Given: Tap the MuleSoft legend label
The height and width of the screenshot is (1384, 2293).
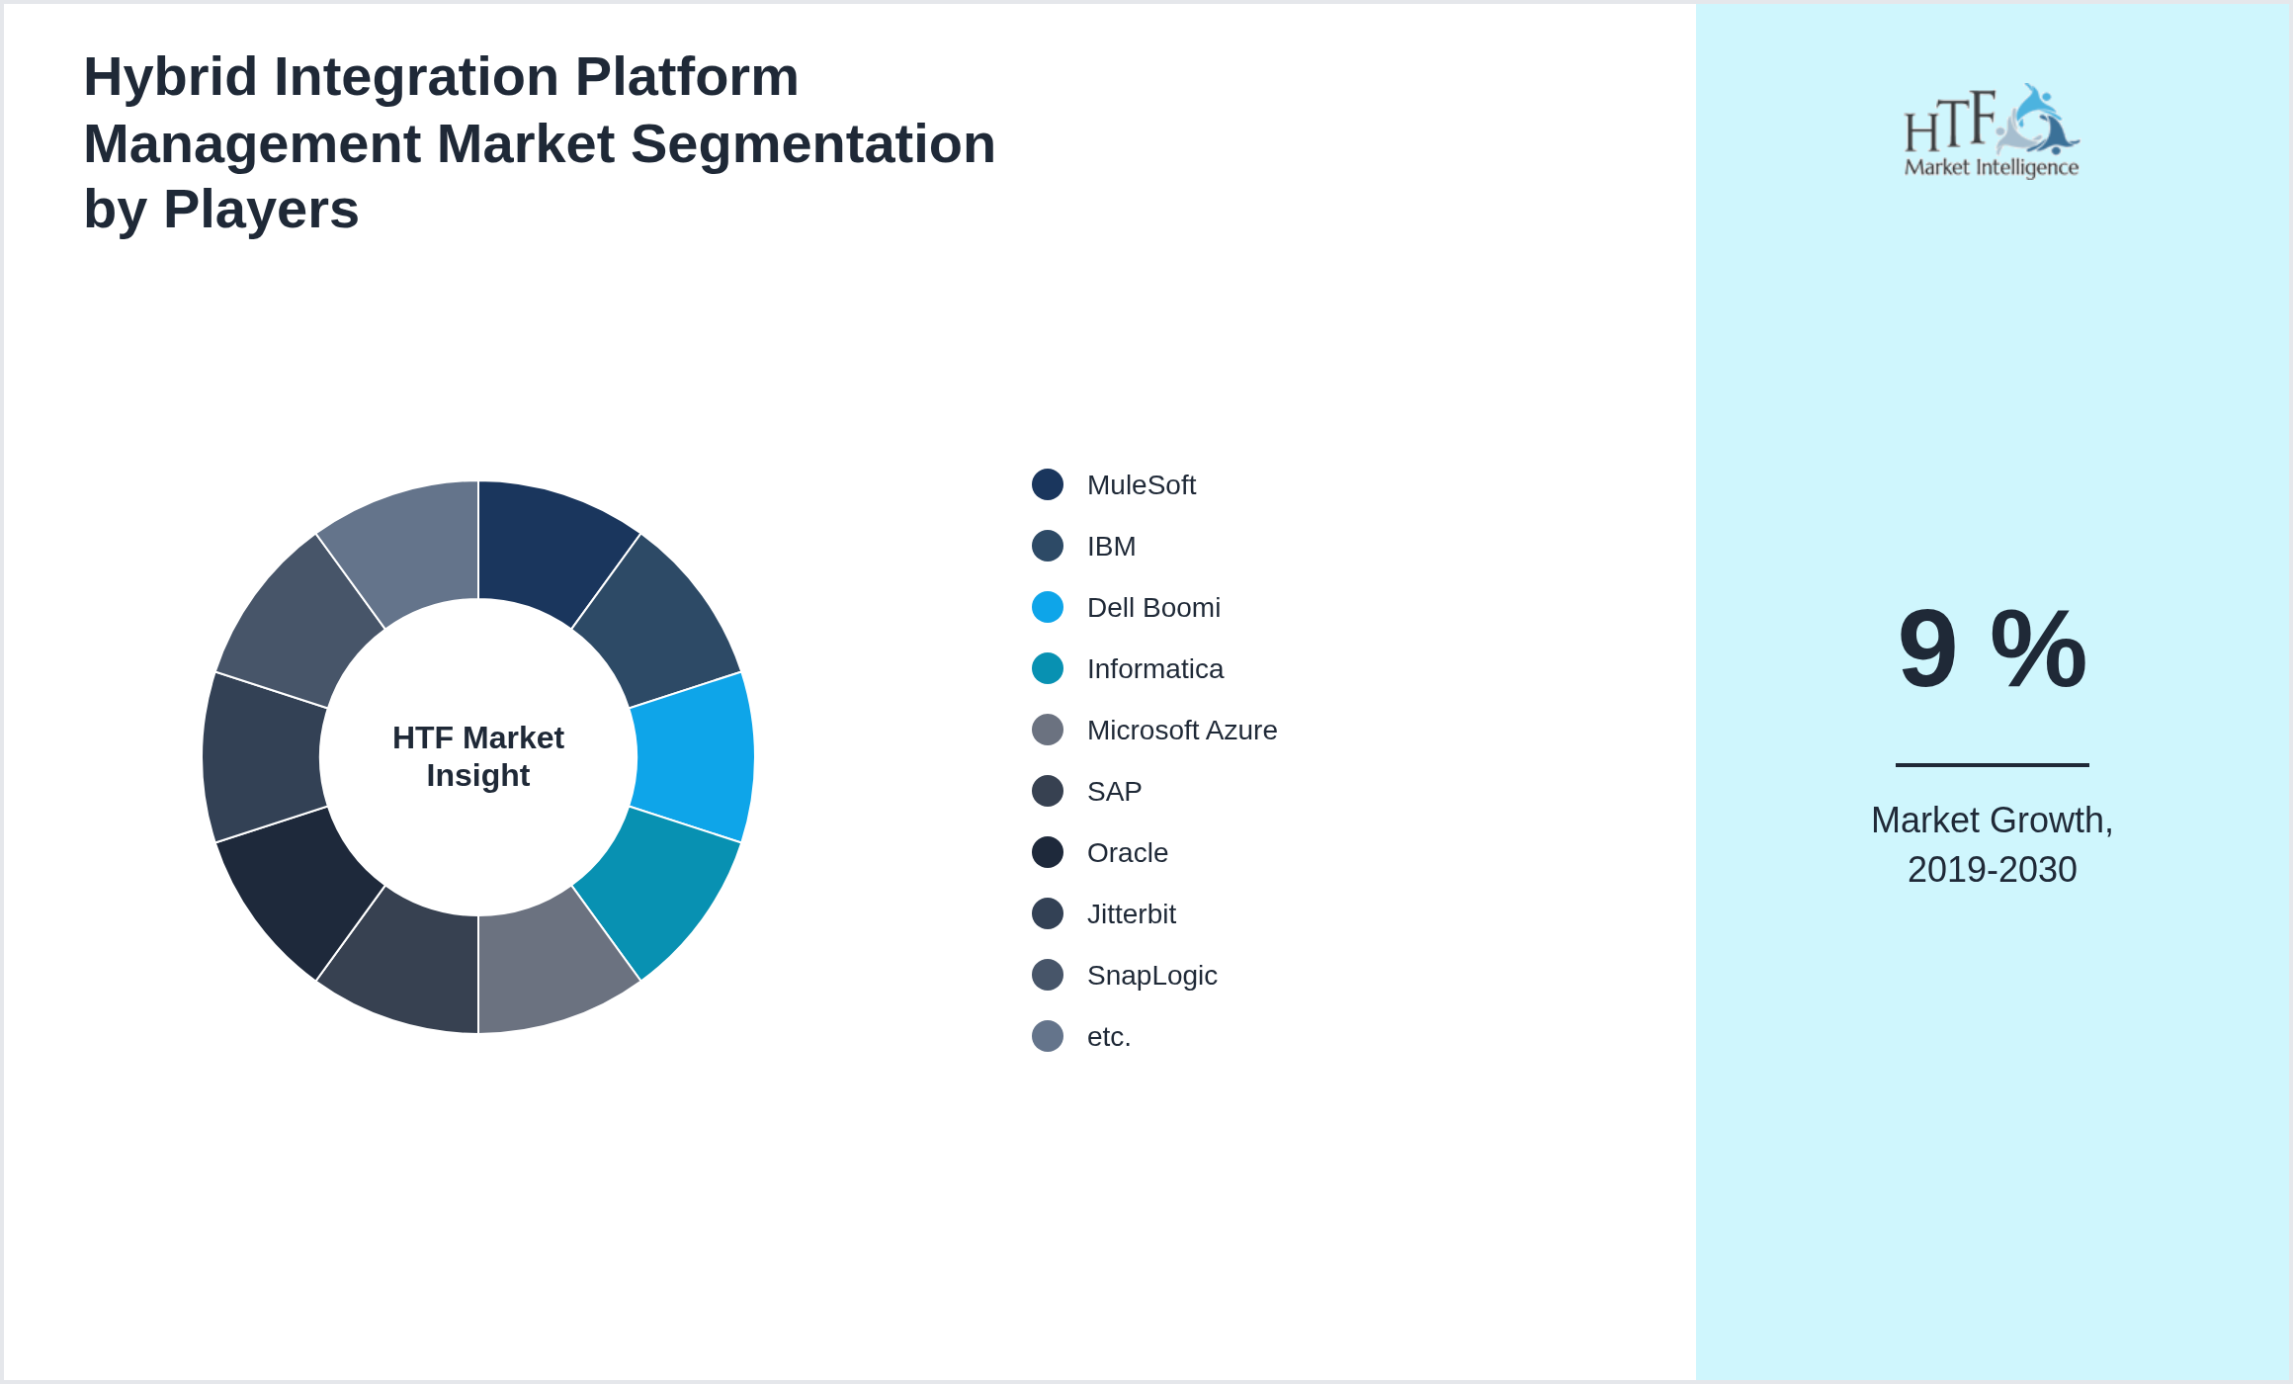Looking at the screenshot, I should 1141,485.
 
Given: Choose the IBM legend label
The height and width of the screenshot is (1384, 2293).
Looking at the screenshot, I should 1111,547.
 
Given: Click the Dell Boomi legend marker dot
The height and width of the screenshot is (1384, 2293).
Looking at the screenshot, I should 1048,607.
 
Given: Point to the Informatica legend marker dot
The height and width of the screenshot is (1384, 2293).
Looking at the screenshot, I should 1048,668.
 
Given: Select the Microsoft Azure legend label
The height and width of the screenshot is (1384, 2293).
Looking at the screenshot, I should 1181,731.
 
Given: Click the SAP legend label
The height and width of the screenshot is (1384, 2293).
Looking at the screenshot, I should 1114,792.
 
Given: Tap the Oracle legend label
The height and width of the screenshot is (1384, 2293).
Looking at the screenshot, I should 1127,853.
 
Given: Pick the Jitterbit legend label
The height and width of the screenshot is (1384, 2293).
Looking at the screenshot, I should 1131,914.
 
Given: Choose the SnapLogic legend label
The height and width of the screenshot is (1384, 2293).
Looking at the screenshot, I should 1151,976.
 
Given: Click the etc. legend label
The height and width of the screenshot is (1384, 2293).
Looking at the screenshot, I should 1108,1037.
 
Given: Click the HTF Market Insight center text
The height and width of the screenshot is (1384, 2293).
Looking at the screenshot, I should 478,756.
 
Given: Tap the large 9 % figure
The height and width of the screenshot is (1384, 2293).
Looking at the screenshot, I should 1992,649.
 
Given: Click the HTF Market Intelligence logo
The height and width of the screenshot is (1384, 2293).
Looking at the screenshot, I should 1992,131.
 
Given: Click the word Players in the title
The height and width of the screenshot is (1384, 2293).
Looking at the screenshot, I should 261,210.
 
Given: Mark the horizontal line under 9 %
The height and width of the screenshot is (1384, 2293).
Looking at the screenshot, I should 1992,764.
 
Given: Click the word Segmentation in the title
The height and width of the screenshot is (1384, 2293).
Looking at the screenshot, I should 812,144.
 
